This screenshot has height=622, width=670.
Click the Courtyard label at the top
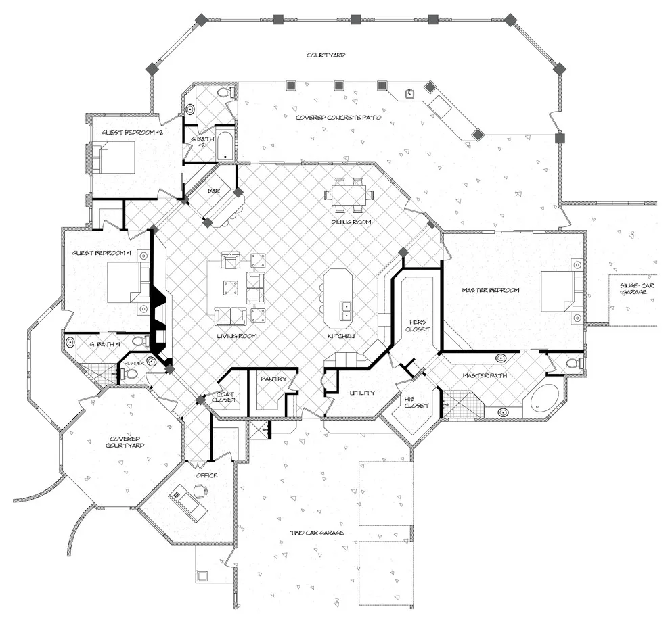[x=326, y=55]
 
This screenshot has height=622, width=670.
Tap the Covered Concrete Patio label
[x=338, y=117]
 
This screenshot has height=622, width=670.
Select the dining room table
[x=349, y=195]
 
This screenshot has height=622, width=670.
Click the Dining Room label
[x=351, y=222]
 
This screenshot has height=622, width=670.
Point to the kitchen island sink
[x=346, y=310]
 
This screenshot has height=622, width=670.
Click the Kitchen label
[x=340, y=336]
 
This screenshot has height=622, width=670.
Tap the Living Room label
[x=237, y=336]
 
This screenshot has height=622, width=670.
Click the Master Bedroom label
[x=491, y=290]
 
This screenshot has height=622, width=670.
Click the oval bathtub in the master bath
[x=546, y=398]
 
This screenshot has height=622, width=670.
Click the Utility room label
[x=362, y=392]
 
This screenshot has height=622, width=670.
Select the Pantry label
[x=273, y=378]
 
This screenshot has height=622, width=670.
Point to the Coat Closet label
[x=225, y=397]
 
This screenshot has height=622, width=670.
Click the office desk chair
[x=199, y=491]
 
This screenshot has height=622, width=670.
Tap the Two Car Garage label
[x=317, y=532]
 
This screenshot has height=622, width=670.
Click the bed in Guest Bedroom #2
[x=114, y=157]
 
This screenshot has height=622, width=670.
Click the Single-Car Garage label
[x=634, y=289]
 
